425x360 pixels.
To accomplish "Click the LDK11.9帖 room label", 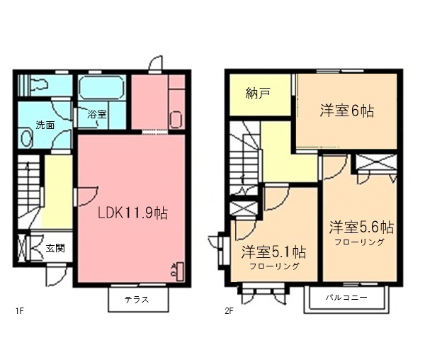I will coord(132,213).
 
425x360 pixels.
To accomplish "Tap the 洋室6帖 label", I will coord(346,111).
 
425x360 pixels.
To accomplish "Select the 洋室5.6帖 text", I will coord(361,227).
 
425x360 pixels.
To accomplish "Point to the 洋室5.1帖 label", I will coord(273,252).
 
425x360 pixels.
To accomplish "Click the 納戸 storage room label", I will coord(258,94).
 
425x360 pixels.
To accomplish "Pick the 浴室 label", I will coord(96,113).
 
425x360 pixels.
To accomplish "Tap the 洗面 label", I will coord(45,125).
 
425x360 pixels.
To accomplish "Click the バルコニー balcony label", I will coord(346,298).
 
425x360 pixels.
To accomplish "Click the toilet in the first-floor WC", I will coord(38,85).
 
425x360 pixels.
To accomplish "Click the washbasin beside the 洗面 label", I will coord(26,138).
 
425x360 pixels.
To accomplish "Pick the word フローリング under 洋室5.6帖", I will coord(361,242).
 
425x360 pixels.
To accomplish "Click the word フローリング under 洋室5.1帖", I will coord(273,266).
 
